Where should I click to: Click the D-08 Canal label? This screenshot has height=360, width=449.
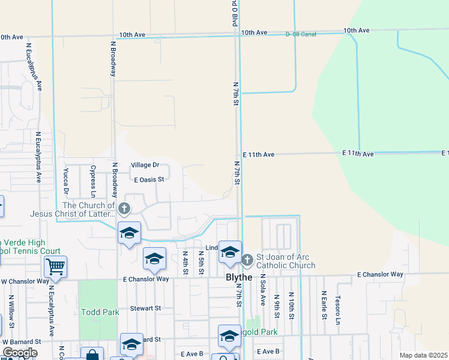[301, 34]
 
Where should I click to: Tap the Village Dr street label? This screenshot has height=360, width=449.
[145, 165]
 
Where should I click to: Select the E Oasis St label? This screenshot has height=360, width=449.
[149, 179]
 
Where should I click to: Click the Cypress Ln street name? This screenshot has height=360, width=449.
[93, 182]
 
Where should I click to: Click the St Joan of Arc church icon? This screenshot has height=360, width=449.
[247, 260]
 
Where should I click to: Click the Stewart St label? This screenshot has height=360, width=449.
[146, 308]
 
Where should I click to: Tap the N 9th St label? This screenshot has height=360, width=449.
[277, 305]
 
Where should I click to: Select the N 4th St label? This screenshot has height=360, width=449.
[185, 263]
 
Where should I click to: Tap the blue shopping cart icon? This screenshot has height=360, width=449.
[55, 266]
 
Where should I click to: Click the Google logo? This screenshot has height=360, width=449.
[20, 353]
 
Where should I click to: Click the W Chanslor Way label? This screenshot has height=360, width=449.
[25, 281]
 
